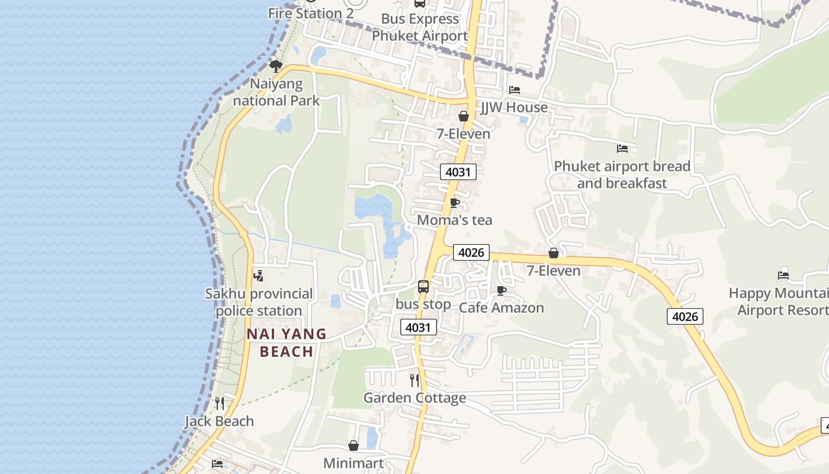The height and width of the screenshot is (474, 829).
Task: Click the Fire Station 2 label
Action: point(311,13)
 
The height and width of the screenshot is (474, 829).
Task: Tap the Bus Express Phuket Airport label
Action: point(420,27)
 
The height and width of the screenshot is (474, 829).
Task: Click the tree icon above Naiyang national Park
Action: point(275,66)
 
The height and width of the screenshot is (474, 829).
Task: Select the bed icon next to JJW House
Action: point(515,90)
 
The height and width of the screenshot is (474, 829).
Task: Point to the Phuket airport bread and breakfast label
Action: point(622,175)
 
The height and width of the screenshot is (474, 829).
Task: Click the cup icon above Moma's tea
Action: point(454,203)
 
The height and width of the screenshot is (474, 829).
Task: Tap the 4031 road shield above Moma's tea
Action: point(458,172)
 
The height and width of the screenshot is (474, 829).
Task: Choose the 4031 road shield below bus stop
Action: point(419,327)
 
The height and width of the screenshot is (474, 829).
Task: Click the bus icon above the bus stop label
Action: point(423,287)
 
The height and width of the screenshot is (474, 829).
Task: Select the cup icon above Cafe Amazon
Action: point(502,290)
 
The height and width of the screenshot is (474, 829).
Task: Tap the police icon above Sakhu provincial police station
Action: point(258,276)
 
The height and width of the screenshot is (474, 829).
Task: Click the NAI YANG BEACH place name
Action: point(287,342)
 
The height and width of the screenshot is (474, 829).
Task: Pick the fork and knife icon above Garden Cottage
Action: point(415,380)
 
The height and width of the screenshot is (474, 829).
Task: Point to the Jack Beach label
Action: point(219,421)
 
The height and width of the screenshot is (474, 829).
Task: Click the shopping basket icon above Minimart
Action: point(354,446)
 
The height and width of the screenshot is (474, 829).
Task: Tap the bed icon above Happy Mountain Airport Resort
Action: point(783,276)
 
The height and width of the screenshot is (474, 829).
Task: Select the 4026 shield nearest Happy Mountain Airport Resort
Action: point(685,316)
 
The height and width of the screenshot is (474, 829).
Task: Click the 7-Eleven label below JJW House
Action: point(464,134)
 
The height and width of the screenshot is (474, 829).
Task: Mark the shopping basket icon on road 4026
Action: point(554,254)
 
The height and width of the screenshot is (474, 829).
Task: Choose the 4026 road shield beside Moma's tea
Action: point(471,252)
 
